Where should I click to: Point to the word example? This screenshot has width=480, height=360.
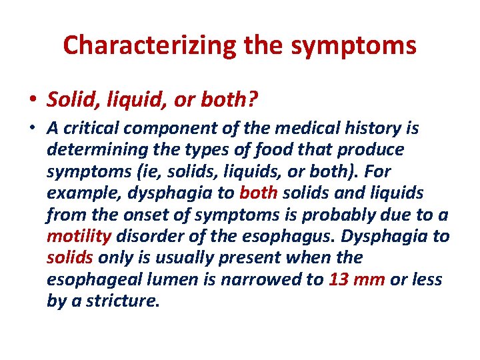77,193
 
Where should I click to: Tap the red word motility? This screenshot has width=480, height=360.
79,236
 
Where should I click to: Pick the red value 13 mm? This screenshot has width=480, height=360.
357,279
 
